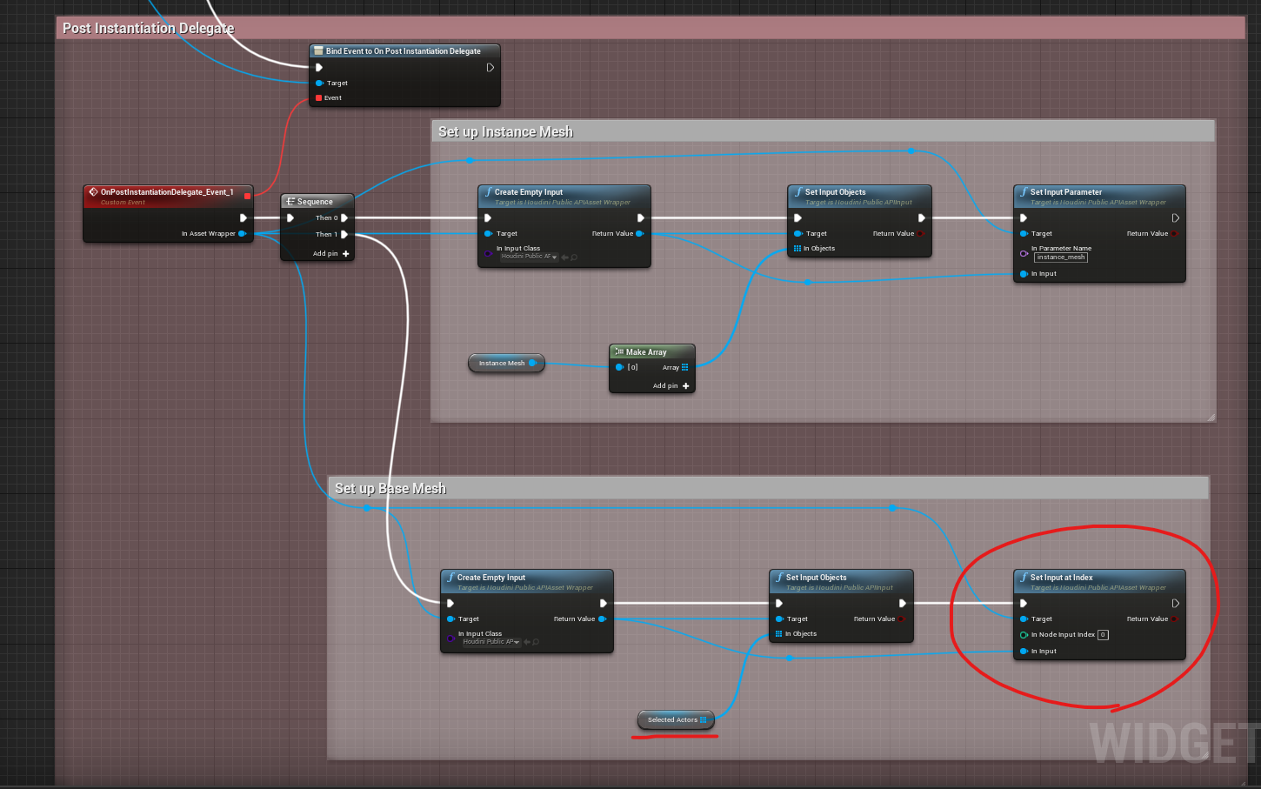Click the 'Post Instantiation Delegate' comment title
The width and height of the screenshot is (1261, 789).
point(148,28)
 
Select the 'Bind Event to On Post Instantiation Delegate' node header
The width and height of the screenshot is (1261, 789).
point(403,51)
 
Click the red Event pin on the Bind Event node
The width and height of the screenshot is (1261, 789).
point(319,98)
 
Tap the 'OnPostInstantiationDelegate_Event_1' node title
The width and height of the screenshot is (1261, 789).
point(166,192)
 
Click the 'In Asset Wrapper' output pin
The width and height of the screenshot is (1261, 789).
point(242,233)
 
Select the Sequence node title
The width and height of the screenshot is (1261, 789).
point(315,202)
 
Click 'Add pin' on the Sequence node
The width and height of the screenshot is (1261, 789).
point(331,254)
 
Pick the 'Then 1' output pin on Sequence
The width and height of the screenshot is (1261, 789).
point(344,234)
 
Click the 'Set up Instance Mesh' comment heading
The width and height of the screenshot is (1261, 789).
point(505,131)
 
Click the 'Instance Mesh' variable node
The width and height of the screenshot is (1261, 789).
point(504,363)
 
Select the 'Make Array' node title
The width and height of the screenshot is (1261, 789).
point(646,352)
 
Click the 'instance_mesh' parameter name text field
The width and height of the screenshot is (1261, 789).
point(1061,257)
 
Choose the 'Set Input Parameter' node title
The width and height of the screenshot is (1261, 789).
point(1065,192)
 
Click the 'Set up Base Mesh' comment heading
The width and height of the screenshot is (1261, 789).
point(390,488)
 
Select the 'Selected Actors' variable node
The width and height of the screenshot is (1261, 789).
point(674,719)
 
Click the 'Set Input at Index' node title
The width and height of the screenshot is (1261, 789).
point(1061,578)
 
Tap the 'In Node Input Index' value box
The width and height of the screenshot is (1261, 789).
point(1103,635)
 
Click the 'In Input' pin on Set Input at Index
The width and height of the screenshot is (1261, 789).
point(1024,651)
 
